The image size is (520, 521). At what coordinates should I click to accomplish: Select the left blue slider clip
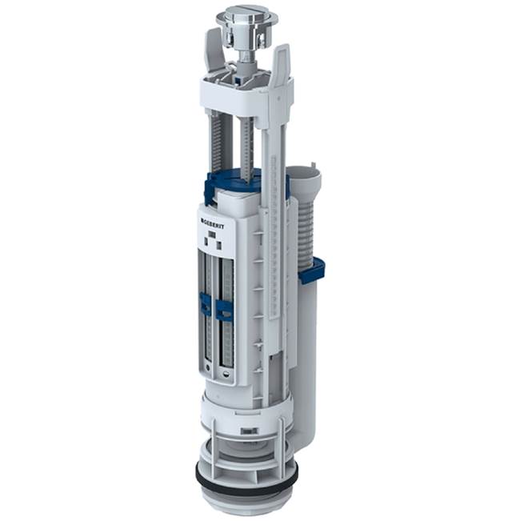tap(206, 303)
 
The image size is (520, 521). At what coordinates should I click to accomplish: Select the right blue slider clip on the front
tap(224, 309)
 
